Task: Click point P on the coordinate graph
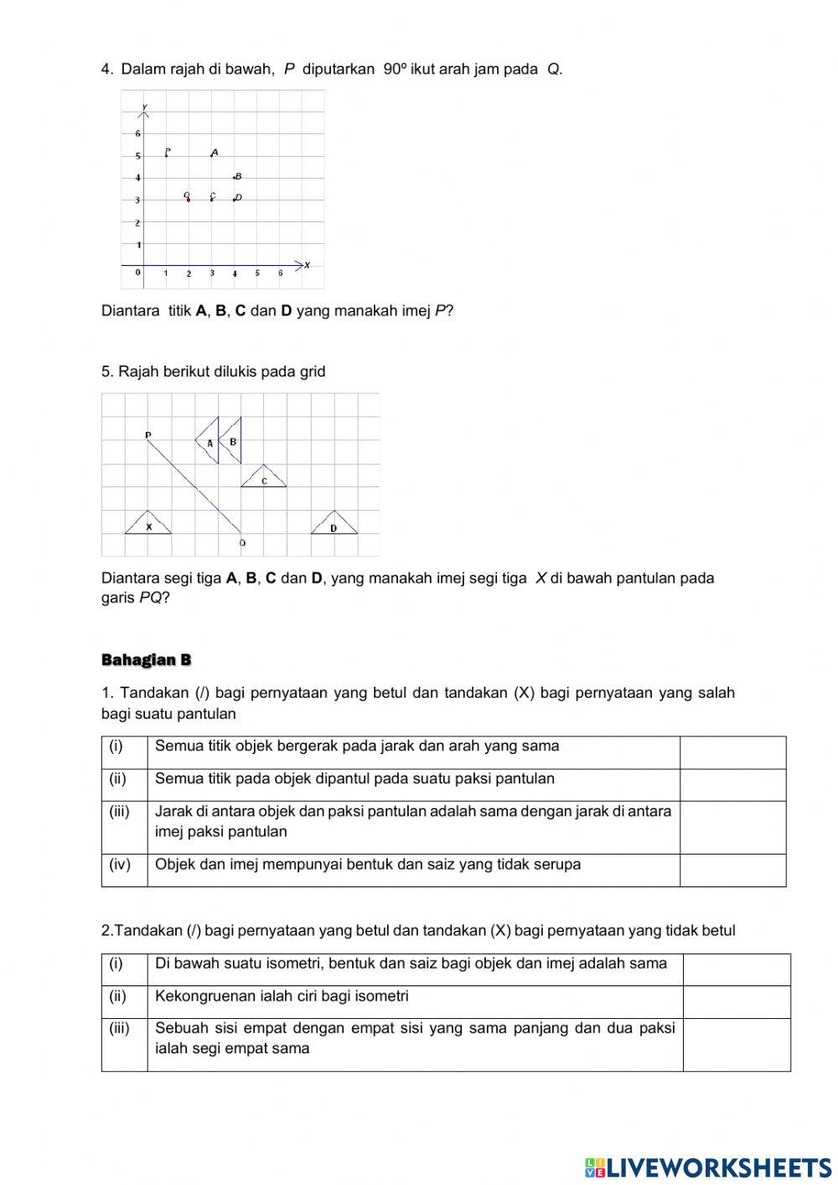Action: click(167, 153)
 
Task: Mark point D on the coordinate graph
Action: click(236, 199)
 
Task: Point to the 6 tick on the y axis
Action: click(138, 133)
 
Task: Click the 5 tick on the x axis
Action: click(257, 273)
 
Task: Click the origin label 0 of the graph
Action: click(138, 273)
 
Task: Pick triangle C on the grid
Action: click(264, 479)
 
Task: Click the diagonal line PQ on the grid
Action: click(194, 486)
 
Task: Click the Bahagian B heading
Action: click(146, 660)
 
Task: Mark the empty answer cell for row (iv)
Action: click(732, 871)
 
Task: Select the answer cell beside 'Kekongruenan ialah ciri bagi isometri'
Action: click(736, 1002)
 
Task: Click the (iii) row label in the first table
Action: click(120, 812)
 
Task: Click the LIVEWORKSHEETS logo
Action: click(708, 1167)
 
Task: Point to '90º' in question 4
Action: click(395, 69)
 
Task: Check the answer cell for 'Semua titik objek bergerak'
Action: click(732, 752)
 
